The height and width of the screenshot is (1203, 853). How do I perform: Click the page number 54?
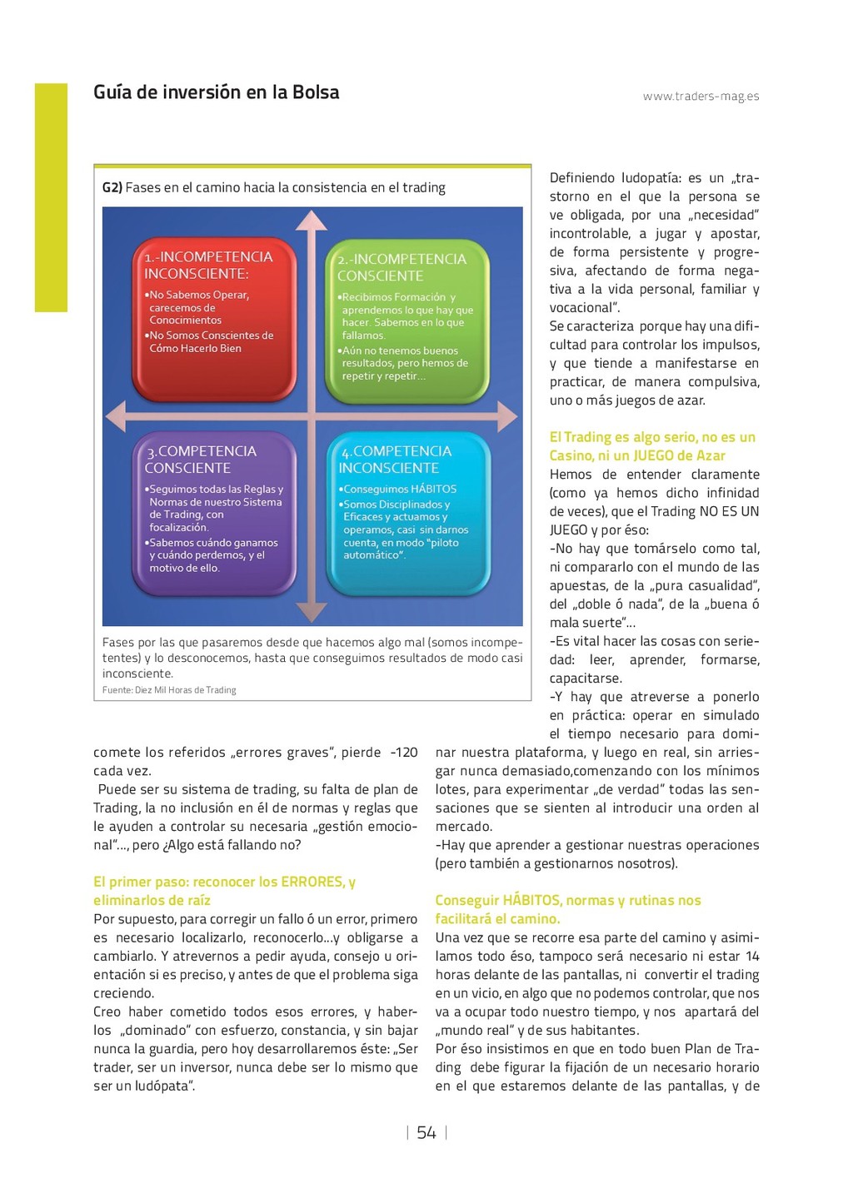[426, 1132]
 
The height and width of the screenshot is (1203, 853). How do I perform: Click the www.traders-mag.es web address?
[701, 97]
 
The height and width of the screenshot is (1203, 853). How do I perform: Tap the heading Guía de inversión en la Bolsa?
[216, 92]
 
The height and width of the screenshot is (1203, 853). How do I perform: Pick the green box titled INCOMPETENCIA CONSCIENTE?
[407, 321]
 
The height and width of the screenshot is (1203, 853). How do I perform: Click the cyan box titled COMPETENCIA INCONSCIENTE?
[408, 514]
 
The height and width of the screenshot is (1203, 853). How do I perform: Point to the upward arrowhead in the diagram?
[312, 220]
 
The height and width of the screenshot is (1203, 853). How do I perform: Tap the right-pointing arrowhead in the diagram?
[507, 415]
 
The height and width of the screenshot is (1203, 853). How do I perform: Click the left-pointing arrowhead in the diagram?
[115, 415]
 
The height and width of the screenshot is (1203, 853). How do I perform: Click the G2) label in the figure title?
[112, 188]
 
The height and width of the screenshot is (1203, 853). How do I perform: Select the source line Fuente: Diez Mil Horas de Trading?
[169, 690]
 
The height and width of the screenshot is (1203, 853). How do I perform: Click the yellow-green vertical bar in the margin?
[51, 197]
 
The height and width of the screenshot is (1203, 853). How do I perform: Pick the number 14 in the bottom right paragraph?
[752, 957]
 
